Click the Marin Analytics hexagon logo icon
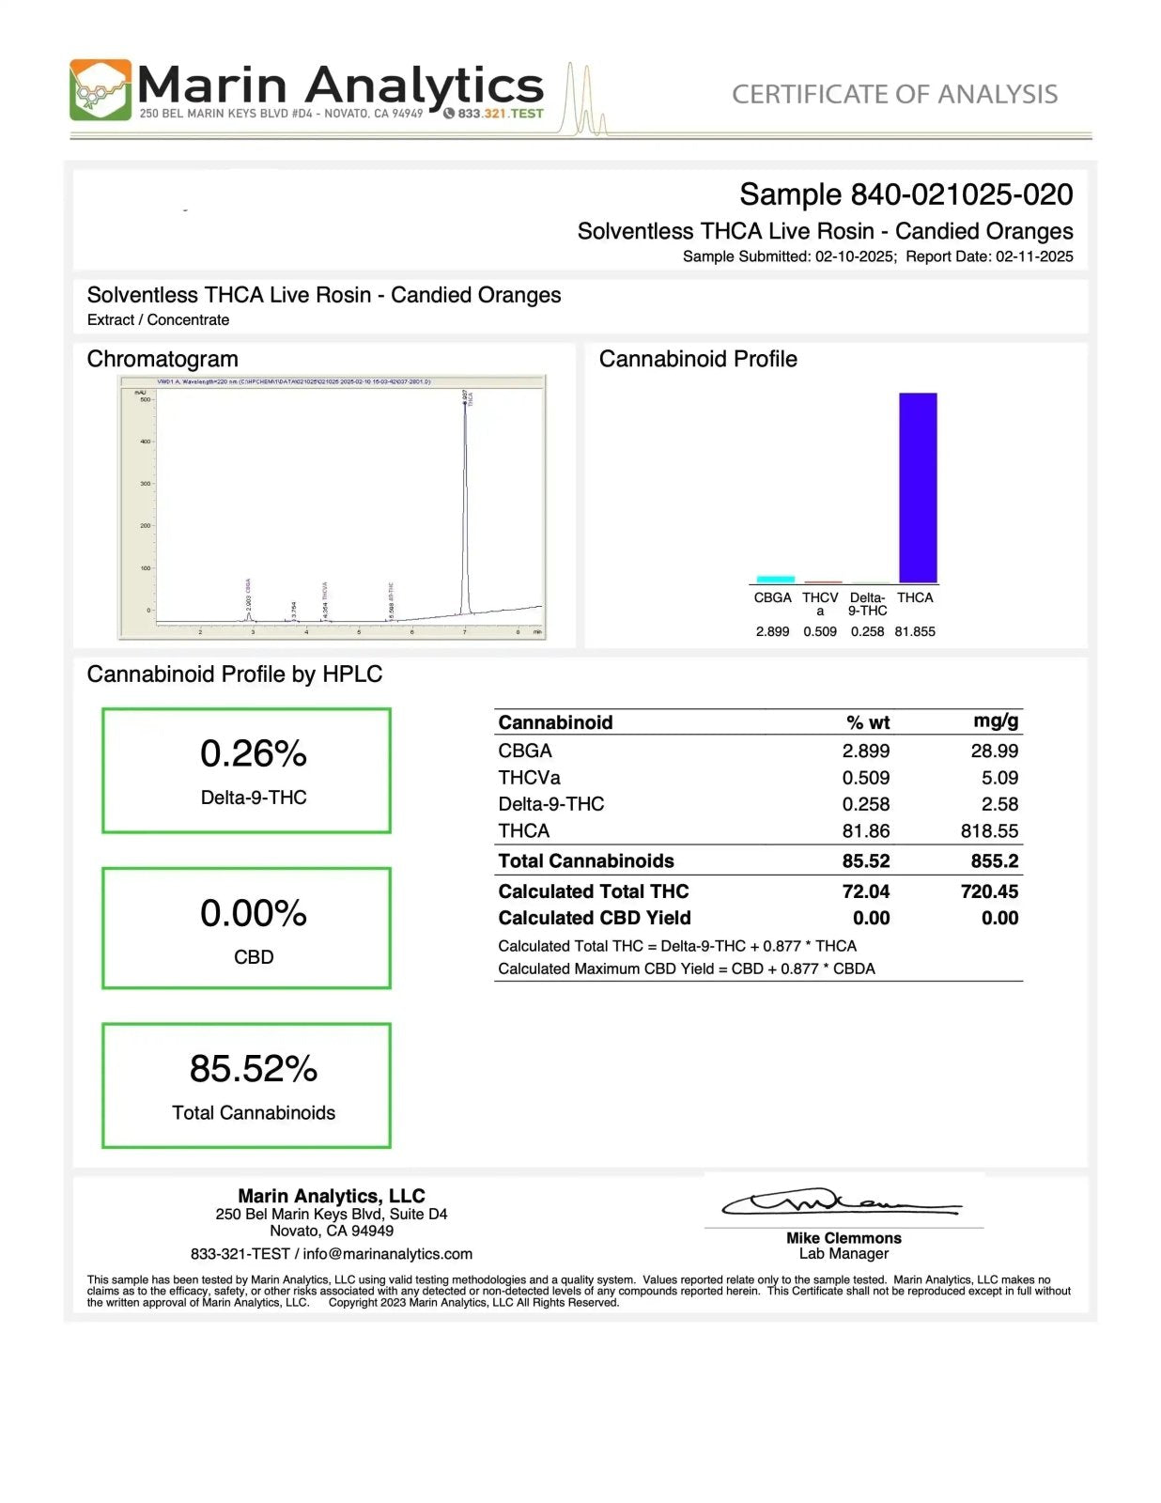[101, 90]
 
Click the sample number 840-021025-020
[961, 194]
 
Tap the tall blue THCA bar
[918, 488]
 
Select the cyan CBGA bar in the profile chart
[775, 580]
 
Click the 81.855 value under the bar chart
[915, 631]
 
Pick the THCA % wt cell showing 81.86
[865, 830]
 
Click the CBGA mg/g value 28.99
[994, 751]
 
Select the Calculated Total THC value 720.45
[989, 891]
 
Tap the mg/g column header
[996, 721]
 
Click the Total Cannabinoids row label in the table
[586, 860]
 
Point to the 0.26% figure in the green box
[254, 753]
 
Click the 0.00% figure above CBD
[254, 913]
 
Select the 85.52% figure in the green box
[254, 1068]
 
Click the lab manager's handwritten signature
[841, 1202]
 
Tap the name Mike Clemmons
[844, 1238]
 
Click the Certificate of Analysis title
[894, 94]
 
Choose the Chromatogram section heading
[163, 359]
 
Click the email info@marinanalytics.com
[388, 1254]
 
